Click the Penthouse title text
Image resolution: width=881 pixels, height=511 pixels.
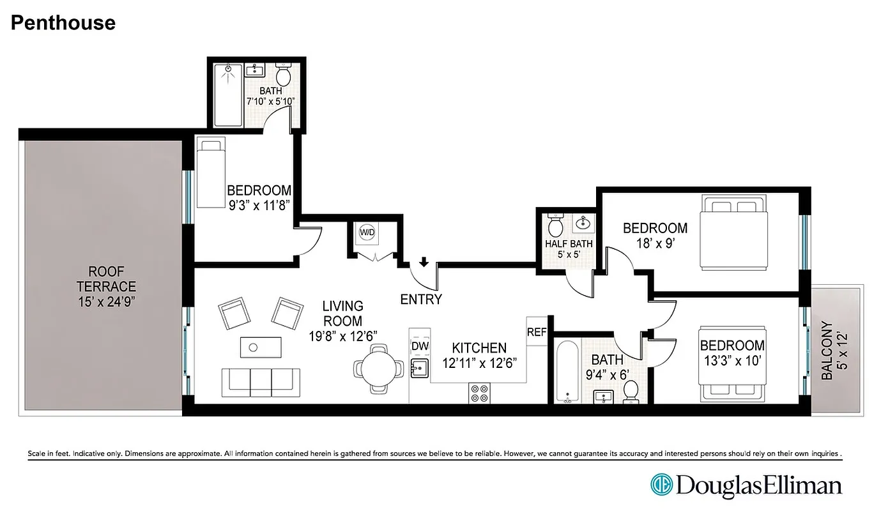63,23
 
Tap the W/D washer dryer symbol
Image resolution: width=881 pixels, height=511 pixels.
367,232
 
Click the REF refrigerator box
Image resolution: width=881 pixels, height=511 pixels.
537,332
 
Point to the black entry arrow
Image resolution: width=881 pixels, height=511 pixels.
423,263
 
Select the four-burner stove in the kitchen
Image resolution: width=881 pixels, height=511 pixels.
479,392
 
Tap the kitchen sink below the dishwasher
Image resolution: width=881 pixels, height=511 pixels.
420,368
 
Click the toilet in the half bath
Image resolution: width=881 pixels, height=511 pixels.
555,225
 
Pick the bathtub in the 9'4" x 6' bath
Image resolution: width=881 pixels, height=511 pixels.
567,372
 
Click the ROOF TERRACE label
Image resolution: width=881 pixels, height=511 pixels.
107,294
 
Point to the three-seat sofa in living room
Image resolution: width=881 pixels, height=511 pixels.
260,382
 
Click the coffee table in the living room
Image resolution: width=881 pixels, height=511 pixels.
260,347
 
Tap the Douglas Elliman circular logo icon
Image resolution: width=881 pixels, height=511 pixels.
662,485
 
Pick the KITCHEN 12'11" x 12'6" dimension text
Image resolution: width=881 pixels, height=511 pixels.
479,355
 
